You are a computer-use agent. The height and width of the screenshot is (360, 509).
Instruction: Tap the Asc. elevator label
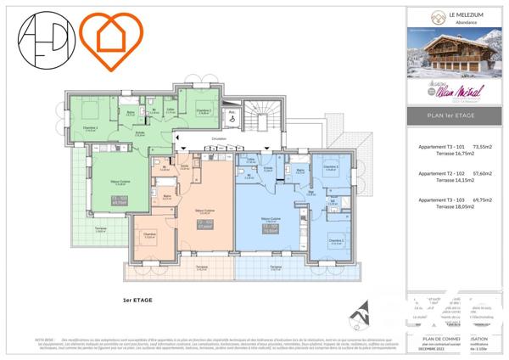pos(231,111)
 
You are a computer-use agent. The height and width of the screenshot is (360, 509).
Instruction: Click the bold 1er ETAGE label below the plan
pos(137,300)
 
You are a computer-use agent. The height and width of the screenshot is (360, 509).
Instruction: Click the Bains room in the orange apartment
pos(167,199)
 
